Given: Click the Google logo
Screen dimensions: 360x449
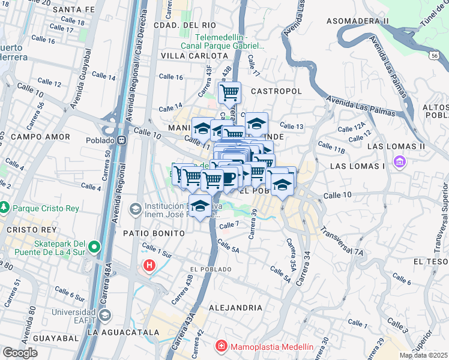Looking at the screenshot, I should (20, 353).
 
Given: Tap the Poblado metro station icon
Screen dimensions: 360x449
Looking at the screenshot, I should (122, 140).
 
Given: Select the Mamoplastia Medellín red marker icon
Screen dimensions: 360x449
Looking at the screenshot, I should (221, 347).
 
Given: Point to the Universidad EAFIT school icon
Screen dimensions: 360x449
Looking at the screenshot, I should (105, 315).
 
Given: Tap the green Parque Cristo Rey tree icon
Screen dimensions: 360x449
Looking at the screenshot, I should (5, 207).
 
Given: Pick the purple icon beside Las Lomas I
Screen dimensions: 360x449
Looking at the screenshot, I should (399, 161).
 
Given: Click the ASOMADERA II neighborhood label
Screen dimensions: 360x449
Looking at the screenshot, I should (357, 21).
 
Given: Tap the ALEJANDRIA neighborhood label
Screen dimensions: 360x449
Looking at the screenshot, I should (235, 307).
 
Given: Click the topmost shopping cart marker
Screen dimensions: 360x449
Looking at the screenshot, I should (229, 93).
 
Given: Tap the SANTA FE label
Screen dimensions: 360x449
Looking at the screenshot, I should (74, 10).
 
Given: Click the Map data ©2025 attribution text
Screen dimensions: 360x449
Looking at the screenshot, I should (424, 355).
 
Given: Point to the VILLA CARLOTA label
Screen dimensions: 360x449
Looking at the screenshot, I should (187, 55).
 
